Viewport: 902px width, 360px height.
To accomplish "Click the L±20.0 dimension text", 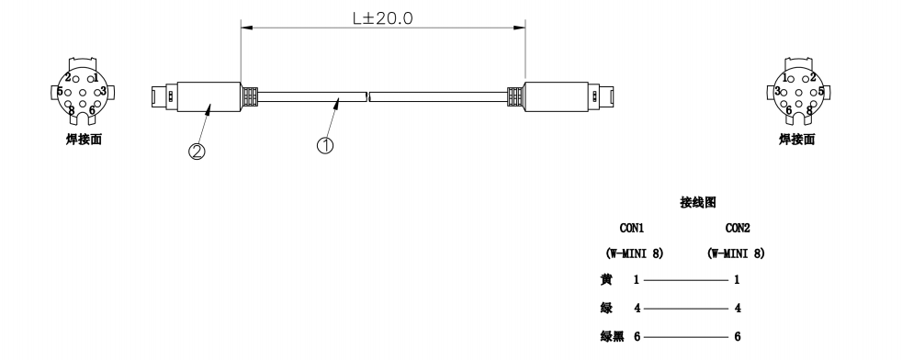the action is click(382, 17).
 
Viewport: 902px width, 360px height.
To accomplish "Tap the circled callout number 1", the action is click(325, 145).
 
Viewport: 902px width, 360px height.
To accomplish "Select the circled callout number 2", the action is click(197, 152).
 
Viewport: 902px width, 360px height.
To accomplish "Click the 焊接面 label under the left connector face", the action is click(84, 140).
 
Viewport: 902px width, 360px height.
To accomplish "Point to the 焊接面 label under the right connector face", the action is click(797, 140).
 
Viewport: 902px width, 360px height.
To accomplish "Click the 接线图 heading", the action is click(698, 202).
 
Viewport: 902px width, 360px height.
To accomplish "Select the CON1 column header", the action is click(632, 228).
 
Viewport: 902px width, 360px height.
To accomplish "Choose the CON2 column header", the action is click(738, 228).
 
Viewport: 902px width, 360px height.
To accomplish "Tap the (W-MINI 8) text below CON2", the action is click(737, 253).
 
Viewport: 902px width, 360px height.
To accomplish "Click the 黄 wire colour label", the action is click(606, 279).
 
